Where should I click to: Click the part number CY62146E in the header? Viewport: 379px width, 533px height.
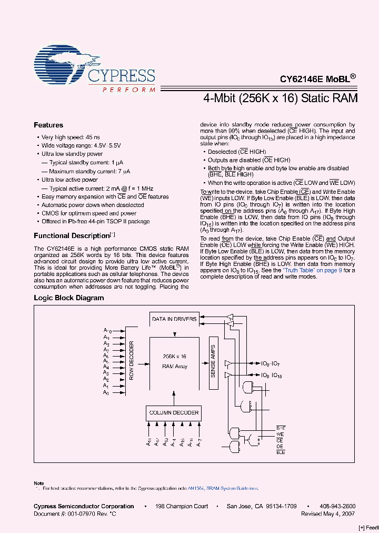pos(300,80)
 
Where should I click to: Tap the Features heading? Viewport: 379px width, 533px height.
pos(48,125)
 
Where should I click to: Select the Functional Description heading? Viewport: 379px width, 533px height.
pos(71,235)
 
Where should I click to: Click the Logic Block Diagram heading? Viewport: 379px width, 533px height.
pos(69,298)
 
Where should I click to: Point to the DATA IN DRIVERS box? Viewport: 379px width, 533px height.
pos(174,319)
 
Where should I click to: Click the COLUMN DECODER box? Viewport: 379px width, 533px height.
pos(174,412)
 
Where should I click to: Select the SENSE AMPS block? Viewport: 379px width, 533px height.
pos(213,363)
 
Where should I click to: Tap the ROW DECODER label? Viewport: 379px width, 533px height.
pos(132,361)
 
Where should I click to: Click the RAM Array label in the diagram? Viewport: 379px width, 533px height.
pos(174,366)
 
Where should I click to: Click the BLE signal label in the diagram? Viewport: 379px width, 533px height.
pos(280,452)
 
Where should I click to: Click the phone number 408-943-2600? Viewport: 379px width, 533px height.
pos(337,507)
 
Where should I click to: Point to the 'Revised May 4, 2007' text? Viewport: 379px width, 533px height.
pos(328,514)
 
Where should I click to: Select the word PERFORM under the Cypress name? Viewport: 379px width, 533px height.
pos(128,90)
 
